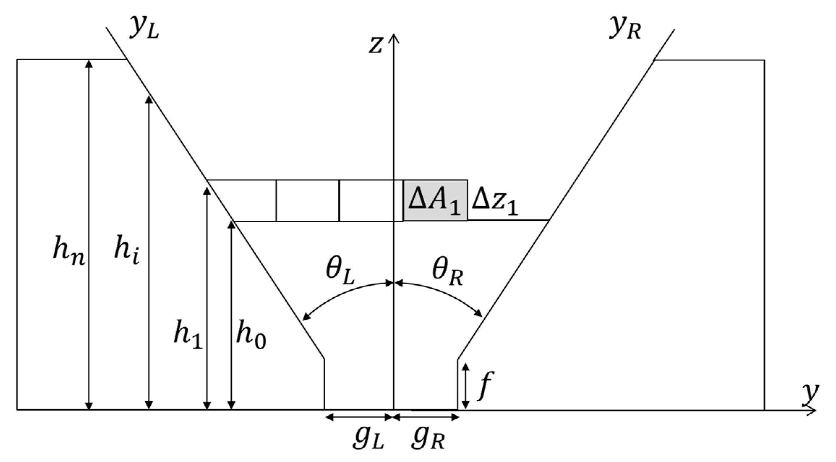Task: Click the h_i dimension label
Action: pos(127,253)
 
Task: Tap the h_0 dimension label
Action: pos(251,336)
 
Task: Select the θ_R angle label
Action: pos(447,273)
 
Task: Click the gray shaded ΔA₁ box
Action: pos(435,200)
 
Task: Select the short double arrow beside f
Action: pos(466,385)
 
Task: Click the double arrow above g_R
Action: pos(426,418)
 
